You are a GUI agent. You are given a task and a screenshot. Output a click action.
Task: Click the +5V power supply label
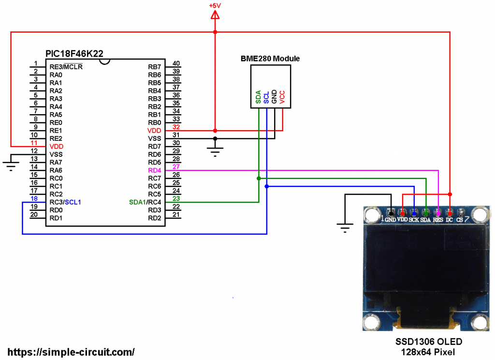pyautogui.click(x=215, y=5)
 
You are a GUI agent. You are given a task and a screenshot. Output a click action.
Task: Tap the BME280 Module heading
pyautogui.click(x=270, y=59)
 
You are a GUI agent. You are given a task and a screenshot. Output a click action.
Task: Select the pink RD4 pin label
pyautogui.click(x=154, y=170)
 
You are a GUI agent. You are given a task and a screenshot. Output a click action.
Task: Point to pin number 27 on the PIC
pyautogui.click(x=176, y=166)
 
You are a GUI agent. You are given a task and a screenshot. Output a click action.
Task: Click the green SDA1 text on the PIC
pyautogui.click(x=138, y=202)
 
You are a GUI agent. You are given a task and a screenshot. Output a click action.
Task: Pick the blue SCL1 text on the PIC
pyautogui.click(x=73, y=202)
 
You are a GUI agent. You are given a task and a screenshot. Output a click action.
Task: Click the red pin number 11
pyautogui.click(x=33, y=143)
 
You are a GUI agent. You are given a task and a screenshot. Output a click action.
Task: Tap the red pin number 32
pyautogui.click(x=176, y=127)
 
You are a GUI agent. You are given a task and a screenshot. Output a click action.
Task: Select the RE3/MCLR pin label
pyautogui.click(x=66, y=67)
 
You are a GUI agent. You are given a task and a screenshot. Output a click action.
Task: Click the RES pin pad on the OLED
pyautogui.click(x=438, y=213)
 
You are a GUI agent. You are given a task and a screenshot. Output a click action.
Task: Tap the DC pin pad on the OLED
pyautogui.click(x=450, y=213)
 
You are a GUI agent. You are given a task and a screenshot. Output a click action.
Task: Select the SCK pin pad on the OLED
pyautogui.click(x=414, y=213)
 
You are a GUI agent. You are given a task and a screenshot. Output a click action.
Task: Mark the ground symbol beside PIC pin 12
pyautogui.click(x=10, y=165)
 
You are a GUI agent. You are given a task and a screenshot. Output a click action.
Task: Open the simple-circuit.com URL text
pyautogui.click(x=71, y=352)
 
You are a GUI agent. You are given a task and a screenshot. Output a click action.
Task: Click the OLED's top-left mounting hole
pyautogui.click(x=372, y=213)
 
